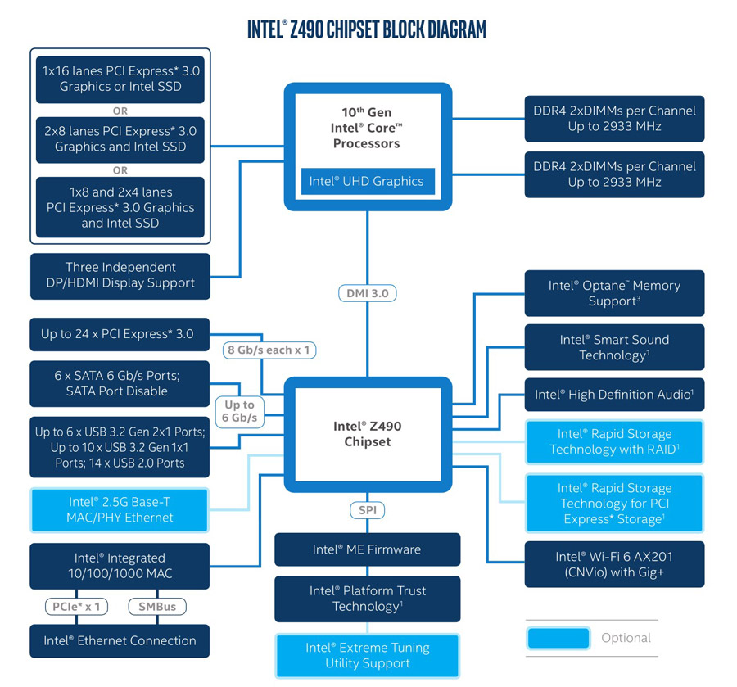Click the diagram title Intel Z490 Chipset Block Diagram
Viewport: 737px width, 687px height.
click(x=367, y=30)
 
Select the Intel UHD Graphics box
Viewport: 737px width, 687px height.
click(x=367, y=181)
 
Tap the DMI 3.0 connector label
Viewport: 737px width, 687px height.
click(x=367, y=292)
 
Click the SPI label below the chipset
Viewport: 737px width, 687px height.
click(x=367, y=510)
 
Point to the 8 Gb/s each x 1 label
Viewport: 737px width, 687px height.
click(x=269, y=350)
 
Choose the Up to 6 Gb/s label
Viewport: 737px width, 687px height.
click(x=239, y=411)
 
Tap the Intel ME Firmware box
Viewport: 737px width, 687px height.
click(x=367, y=549)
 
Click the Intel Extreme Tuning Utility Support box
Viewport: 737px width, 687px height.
click(x=367, y=655)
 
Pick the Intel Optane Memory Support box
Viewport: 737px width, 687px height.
click(x=614, y=293)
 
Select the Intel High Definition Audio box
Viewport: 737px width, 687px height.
click(x=614, y=395)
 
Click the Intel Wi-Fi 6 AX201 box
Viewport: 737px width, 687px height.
click(x=614, y=564)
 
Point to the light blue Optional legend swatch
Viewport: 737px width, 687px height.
click(x=558, y=638)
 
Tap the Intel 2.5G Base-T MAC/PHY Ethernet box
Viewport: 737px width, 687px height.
click(x=120, y=509)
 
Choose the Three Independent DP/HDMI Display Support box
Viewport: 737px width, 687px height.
click(x=120, y=275)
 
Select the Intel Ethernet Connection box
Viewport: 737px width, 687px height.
click(x=120, y=640)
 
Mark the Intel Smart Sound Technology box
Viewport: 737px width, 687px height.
click(x=614, y=347)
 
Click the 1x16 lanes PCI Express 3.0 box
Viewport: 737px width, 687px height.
click(x=120, y=79)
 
